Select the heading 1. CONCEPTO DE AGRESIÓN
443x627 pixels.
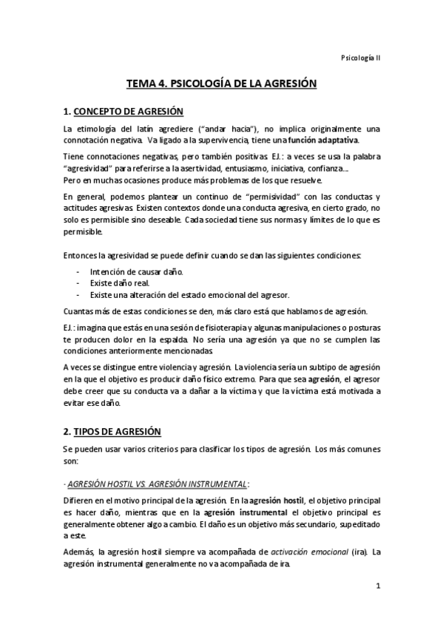click(123, 112)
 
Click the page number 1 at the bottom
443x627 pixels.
click(377, 587)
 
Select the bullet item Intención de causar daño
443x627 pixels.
click(132, 272)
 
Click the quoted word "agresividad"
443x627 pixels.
click(90, 169)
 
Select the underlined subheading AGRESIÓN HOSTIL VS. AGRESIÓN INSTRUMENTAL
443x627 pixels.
click(157, 484)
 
